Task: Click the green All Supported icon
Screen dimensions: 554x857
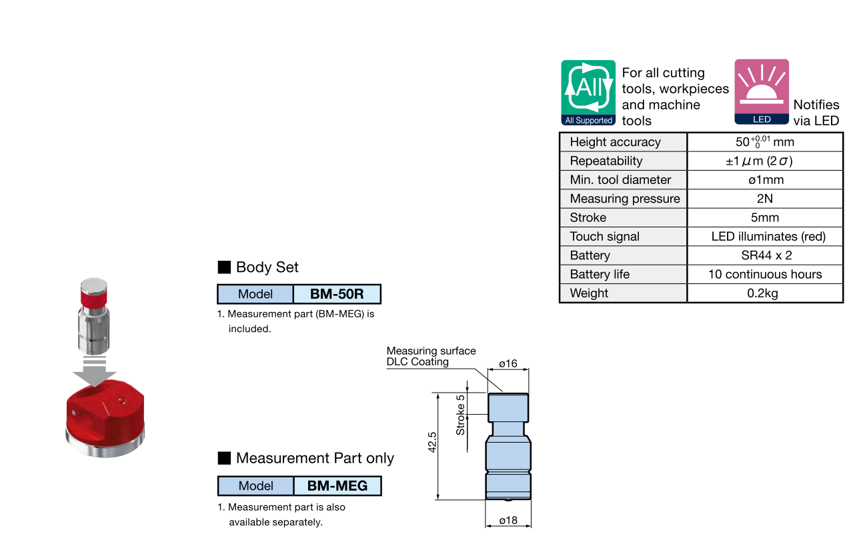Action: point(588,93)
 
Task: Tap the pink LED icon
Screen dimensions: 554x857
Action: point(762,92)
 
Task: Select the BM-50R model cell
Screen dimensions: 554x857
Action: point(337,294)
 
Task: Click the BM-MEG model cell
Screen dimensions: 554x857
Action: point(337,486)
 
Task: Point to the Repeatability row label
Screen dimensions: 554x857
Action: point(606,161)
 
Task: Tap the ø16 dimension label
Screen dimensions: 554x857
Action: point(508,363)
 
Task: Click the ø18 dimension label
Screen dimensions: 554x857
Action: point(508,520)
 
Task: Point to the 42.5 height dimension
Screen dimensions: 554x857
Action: point(432,443)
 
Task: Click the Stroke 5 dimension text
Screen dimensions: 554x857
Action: point(460,415)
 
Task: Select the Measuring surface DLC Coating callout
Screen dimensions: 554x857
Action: point(431,356)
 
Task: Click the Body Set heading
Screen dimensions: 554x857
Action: point(267,267)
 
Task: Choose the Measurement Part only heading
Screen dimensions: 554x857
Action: point(314,458)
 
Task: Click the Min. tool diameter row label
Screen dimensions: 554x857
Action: point(620,180)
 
